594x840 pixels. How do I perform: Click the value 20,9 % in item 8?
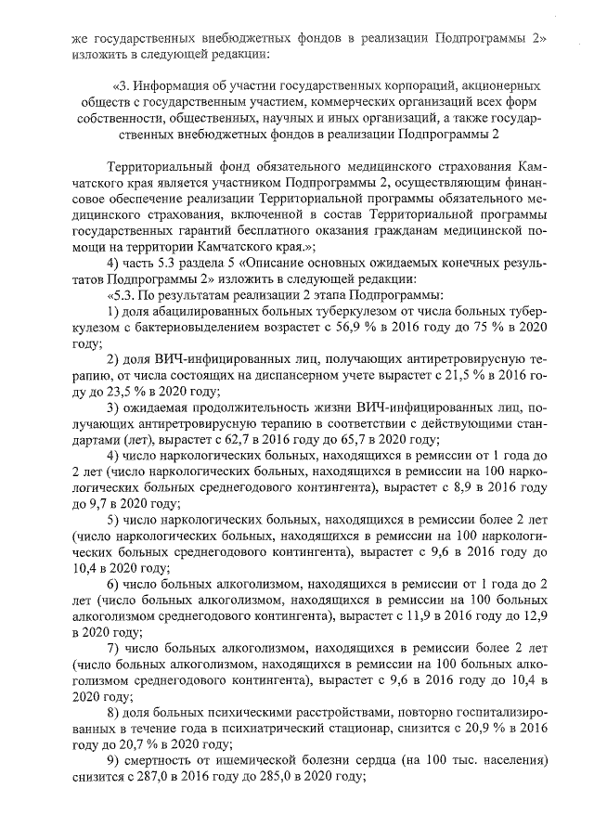point(471,730)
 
